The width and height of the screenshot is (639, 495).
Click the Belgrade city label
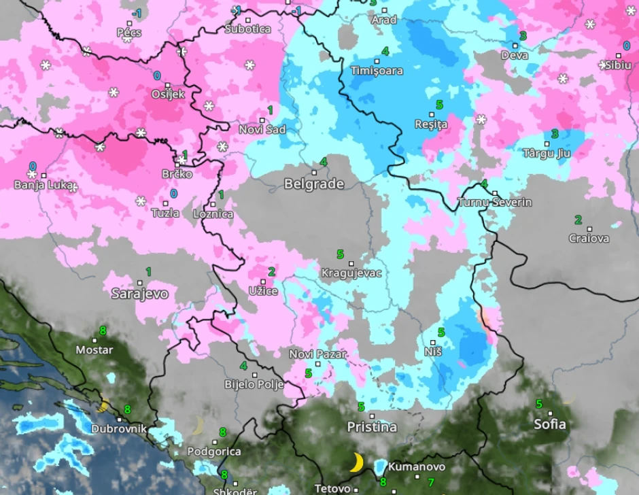[x=313, y=184]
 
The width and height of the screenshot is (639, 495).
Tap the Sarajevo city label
[x=139, y=294]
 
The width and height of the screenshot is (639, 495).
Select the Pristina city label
[x=372, y=427]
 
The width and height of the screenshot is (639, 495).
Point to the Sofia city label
[x=549, y=424]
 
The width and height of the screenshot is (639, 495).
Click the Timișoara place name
[x=377, y=71]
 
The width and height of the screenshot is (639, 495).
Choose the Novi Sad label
[x=262, y=129]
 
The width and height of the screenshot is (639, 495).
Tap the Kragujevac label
[x=351, y=273]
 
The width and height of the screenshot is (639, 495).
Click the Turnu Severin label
[x=495, y=203]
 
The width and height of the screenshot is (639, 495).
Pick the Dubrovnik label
[x=120, y=429]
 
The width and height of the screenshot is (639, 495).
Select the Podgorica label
[x=214, y=451]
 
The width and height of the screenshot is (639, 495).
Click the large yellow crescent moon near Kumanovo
[x=356, y=462]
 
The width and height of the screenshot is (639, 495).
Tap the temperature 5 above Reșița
[x=439, y=105]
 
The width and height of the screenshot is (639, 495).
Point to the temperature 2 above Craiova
[x=578, y=220]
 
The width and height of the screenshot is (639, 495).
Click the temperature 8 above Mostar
[x=103, y=331]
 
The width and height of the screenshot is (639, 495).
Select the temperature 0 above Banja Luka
[x=32, y=167]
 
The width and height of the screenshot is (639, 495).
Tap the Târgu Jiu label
[x=547, y=153]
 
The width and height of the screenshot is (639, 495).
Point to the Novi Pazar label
[x=317, y=354]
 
